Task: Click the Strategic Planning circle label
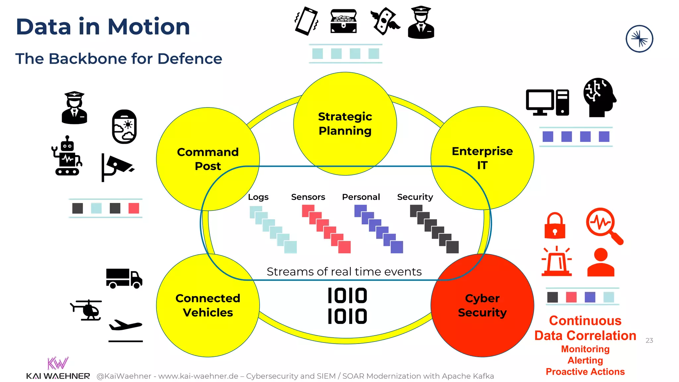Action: tap(345, 124)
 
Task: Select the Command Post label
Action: tap(208, 159)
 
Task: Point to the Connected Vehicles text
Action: tap(208, 305)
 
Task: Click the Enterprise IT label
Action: tap(482, 158)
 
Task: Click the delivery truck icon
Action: tap(124, 279)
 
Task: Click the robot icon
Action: tap(67, 156)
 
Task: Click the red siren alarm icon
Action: tap(557, 262)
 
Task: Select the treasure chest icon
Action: tap(343, 21)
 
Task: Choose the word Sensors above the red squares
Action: tap(308, 197)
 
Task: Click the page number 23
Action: tap(649, 341)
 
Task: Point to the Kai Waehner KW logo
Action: tap(58, 363)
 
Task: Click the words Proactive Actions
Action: tap(585, 372)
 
